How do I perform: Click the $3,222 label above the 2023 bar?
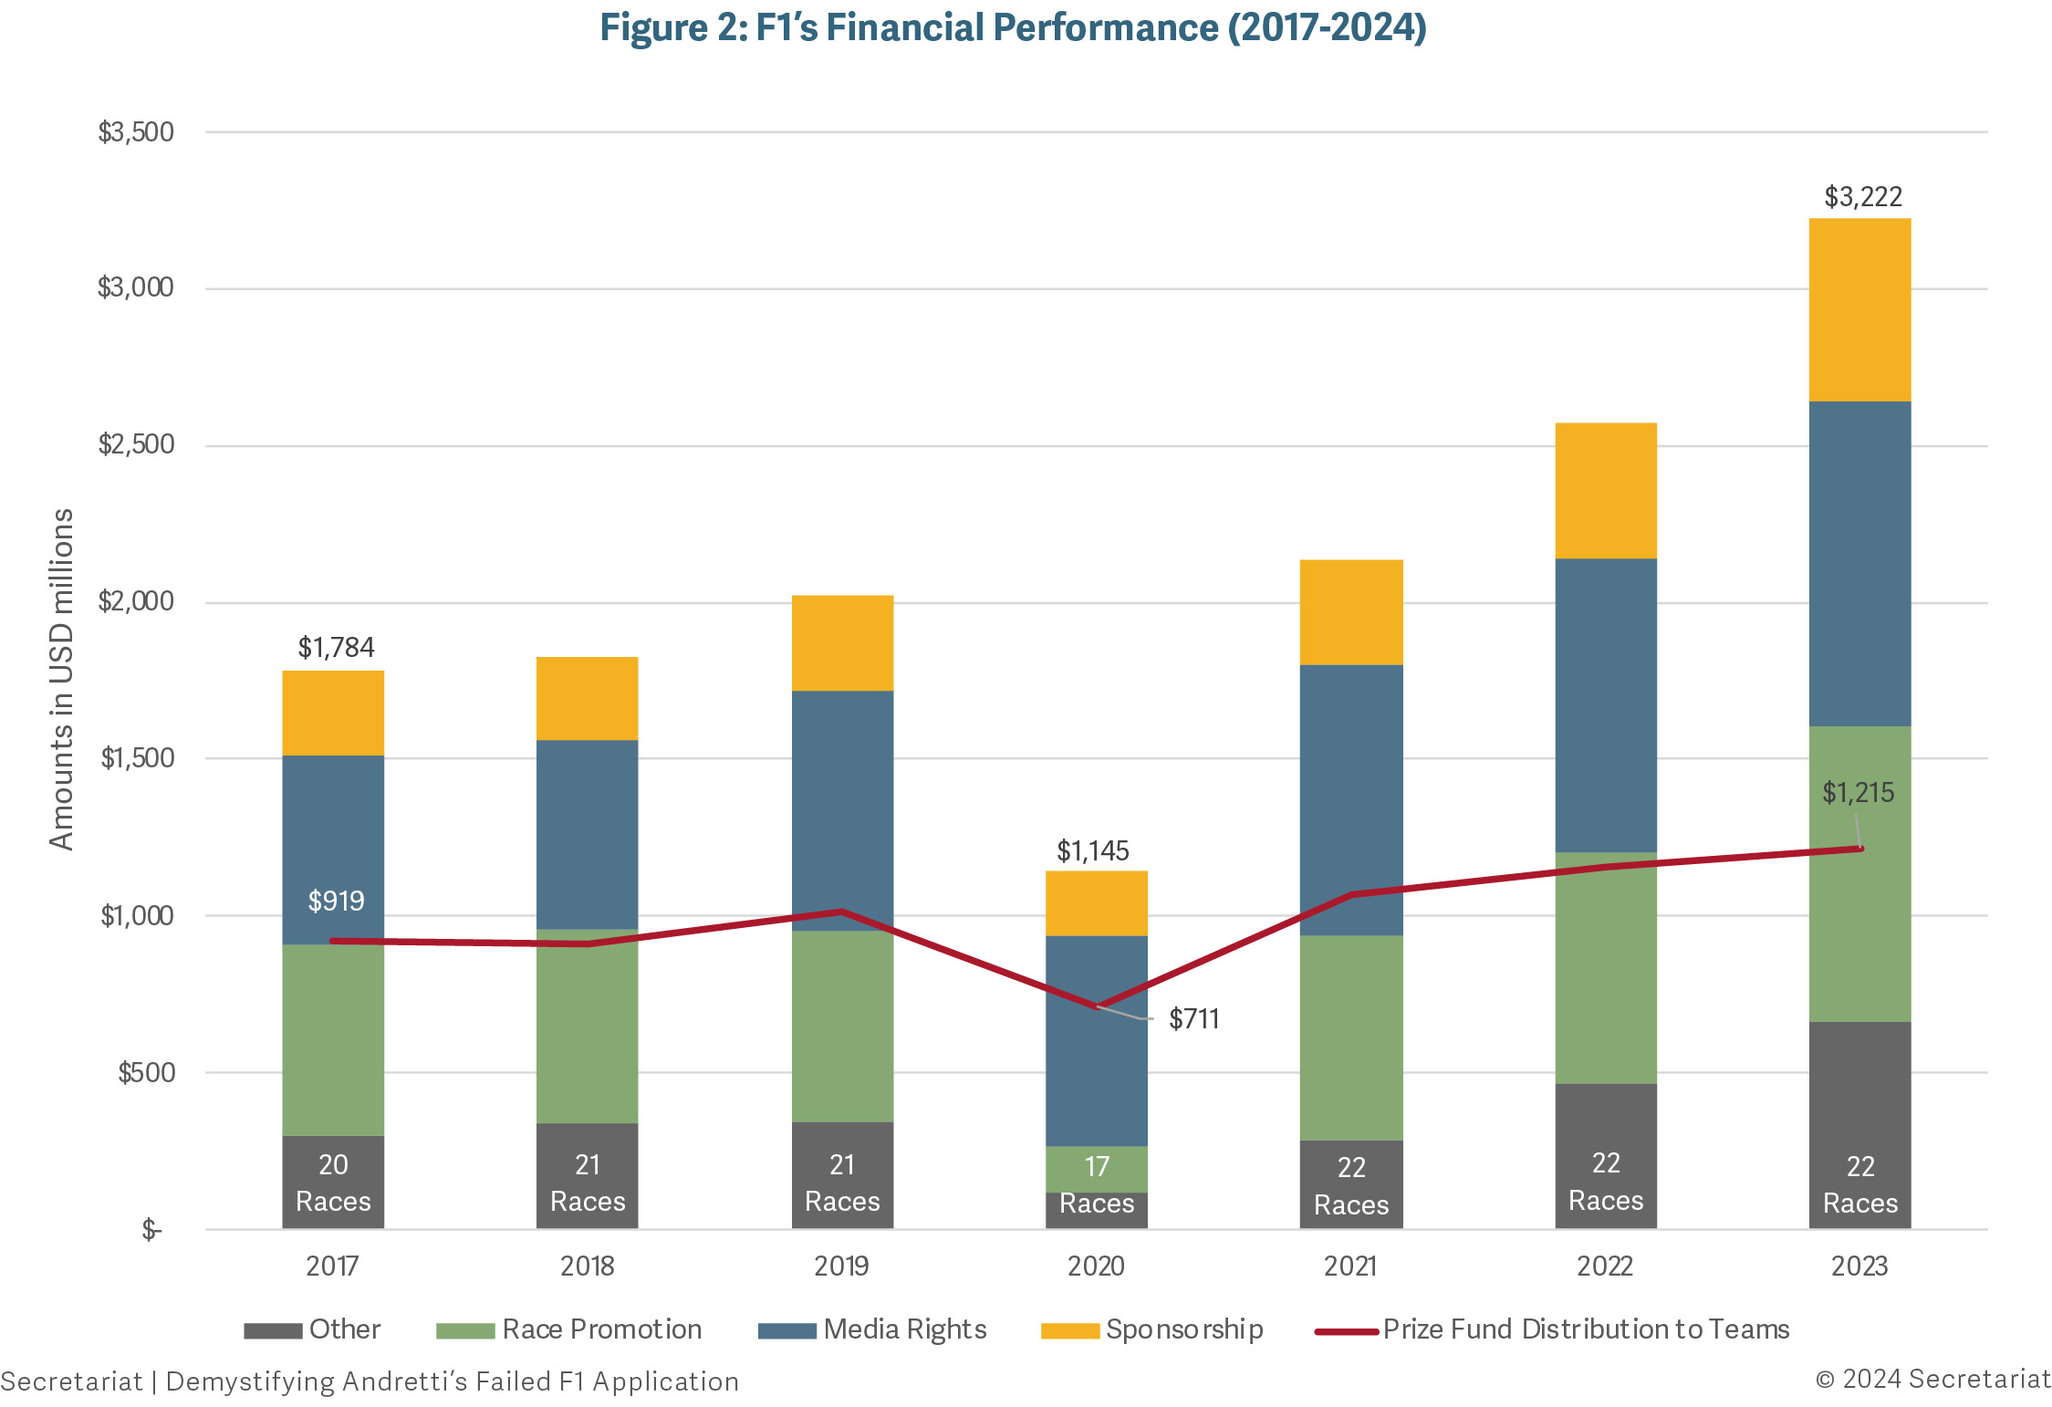point(1862,197)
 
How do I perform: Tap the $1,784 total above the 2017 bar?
point(336,648)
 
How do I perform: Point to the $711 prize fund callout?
point(1193,1018)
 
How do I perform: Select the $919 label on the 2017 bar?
point(336,902)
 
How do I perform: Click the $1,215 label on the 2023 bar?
point(1858,793)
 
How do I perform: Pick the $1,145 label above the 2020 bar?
point(1092,851)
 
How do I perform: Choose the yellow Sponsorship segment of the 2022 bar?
point(1605,491)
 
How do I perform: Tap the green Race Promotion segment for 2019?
point(841,1027)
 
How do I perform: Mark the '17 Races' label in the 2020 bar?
point(1096,1185)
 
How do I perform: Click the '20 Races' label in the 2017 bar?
point(333,1183)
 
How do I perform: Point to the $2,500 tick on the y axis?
point(135,444)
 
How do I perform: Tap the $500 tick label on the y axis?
point(146,1072)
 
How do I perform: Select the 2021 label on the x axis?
point(1350,1266)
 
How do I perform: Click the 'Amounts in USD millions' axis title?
point(61,679)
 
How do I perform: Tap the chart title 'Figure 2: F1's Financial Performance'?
point(1013,27)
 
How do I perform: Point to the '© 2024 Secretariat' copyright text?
point(1932,1379)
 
